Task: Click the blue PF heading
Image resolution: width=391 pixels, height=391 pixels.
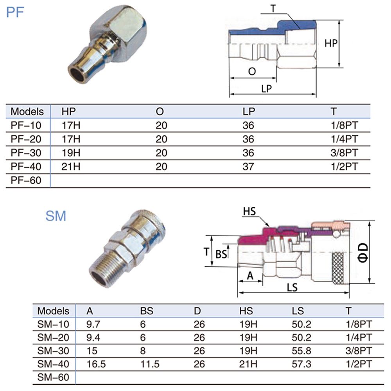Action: coord(15,12)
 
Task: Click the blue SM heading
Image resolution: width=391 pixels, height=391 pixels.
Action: coord(56,216)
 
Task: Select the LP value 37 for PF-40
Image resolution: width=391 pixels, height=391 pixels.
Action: coord(248,167)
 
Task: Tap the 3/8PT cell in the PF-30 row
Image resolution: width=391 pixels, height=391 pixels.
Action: coord(344,153)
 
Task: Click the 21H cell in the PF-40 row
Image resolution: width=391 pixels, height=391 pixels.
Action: coord(71,167)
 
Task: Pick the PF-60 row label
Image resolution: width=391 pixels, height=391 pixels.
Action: coord(26,180)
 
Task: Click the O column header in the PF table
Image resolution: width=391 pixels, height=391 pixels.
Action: coord(160,111)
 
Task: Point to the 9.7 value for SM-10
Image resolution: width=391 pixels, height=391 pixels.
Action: coord(93,324)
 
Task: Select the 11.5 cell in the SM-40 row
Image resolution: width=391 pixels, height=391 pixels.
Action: coord(150,364)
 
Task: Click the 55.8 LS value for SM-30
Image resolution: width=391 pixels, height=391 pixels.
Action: coord(301,351)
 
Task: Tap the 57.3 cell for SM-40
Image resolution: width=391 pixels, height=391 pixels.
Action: coord(301,364)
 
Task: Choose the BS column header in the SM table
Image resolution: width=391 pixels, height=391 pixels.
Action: coord(147,311)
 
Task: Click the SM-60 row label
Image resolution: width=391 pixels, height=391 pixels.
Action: coord(53,377)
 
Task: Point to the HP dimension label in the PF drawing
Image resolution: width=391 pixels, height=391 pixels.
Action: coord(331,43)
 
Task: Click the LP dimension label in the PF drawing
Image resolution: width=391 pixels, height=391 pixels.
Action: coord(266,88)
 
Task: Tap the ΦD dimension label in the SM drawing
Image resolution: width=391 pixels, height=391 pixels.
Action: coord(363,253)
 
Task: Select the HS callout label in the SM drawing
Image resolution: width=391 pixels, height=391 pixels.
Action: coord(249,212)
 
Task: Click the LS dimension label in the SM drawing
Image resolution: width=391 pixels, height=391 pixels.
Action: coord(292,287)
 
